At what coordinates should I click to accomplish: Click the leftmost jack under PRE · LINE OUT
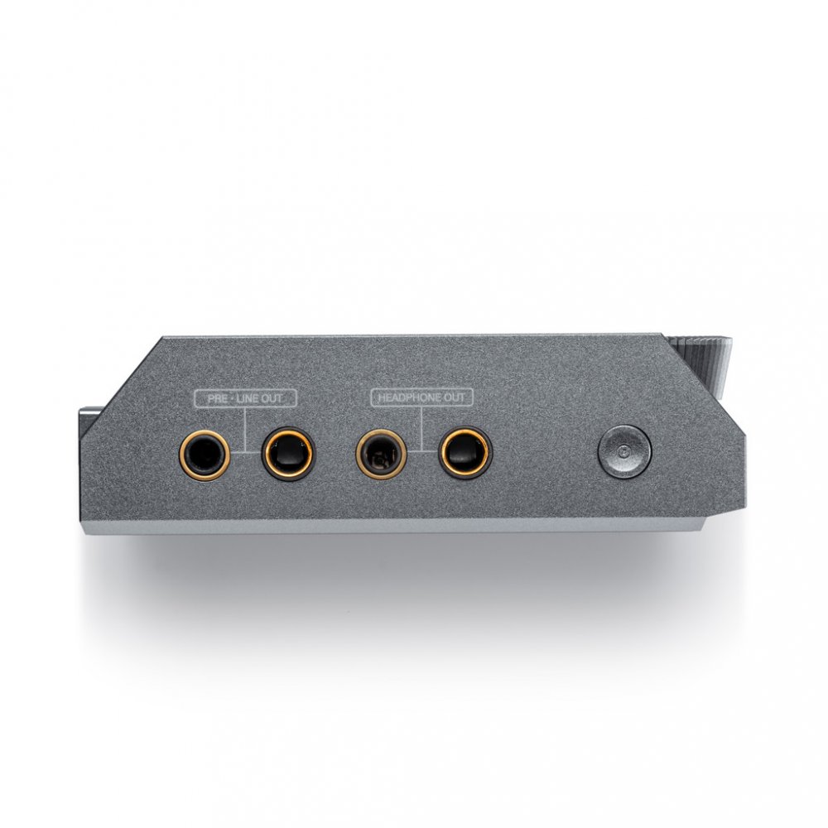click(x=205, y=455)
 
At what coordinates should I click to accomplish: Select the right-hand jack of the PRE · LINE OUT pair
click(x=288, y=453)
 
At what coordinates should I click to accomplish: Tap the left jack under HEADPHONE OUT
click(x=381, y=453)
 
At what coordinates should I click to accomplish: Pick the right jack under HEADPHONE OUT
click(x=465, y=453)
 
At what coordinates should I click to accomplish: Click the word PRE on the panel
click(x=217, y=398)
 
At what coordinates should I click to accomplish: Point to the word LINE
click(x=248, y=398)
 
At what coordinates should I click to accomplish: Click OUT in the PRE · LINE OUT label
click(x=272, y=398)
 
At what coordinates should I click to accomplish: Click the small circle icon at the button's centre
click(x=624, y=452)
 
